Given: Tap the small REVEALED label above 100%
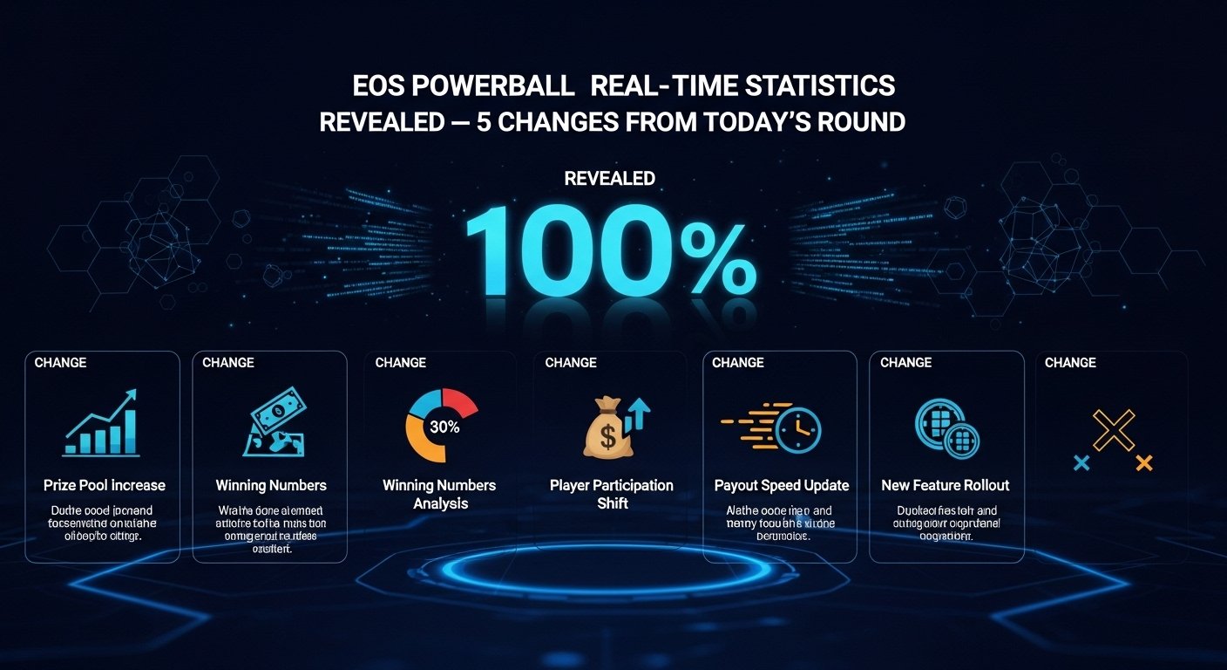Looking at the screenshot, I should point(610,179).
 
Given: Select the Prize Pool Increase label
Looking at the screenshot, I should point(104,485).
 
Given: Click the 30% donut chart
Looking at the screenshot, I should point(442,426).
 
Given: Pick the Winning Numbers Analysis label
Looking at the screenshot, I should point(439,494).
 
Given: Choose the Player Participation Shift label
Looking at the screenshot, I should point(611,494).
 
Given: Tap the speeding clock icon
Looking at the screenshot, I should point(772,427).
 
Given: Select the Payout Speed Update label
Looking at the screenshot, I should point(781,485).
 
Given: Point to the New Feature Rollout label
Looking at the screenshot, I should point(945,485).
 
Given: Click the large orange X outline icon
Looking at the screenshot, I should point(1114,430).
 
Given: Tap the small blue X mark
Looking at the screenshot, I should point(1081,462).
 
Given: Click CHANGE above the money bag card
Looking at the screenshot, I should point(571,363).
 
